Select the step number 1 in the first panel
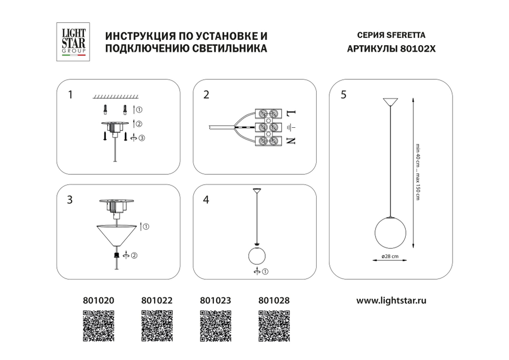click(x=71, y=94)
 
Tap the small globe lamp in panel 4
click(x=258, y=256)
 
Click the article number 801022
click(x=157, y=300)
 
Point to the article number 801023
click(x=216, y=300)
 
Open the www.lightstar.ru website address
click(x=391, y=300)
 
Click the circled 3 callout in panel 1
click(x=142, y=137)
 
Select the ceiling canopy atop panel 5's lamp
click(x=390, y=101)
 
